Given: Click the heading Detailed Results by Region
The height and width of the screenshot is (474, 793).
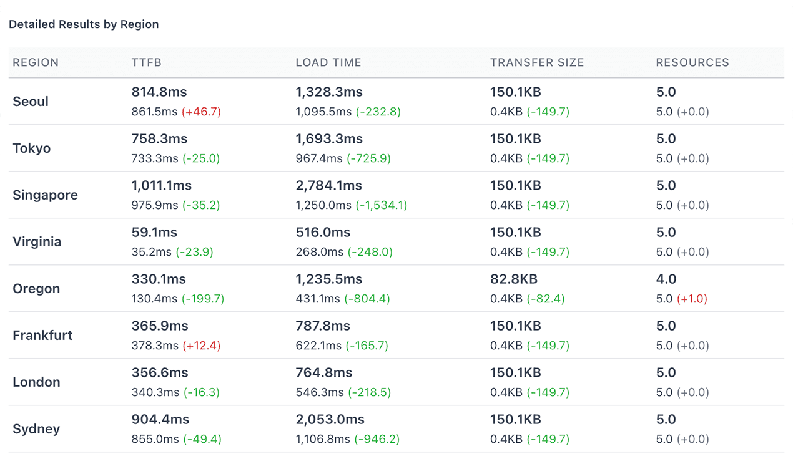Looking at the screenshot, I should pyautogui.click(x=84, y=24).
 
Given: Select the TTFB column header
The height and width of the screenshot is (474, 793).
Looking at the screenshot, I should pyautogui.click(x=147, y=62).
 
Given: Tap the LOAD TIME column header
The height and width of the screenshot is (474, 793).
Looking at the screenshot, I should pyautogui.click(x=328, y=62).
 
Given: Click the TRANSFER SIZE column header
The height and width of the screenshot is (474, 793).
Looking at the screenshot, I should pyautogui.click(x=537, y=62).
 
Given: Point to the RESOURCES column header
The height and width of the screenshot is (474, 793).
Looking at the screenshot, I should pyautogui.click(x=692, y=62).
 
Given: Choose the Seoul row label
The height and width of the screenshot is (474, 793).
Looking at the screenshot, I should pyautogui.click(x=31, y=102).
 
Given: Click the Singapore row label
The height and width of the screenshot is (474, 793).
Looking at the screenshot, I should pyautogui.click(x=45, y=195).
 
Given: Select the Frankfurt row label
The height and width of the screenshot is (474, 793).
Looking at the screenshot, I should pyautogui.click(x=42, y=336).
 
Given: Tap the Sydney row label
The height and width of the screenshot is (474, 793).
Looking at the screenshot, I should pyautogui.click(x=36, y=429).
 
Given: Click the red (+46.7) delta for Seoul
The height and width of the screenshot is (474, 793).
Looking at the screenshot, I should pyautogui.click(x=201, y=112).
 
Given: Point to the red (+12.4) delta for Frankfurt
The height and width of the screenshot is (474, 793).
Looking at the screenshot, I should pyautogui.click(x=201, y=346).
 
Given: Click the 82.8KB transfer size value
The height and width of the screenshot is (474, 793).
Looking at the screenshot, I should pyautogui.click(x=514, y=279).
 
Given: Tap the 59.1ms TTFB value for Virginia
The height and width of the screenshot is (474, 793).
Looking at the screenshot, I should pyautogui.click(x=154, y=233).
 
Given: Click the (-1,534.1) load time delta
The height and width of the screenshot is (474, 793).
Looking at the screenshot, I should pyautogui.click(x=381, y=205).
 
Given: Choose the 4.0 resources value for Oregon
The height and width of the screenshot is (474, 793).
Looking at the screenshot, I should pyautogui.click(x=666, y=279).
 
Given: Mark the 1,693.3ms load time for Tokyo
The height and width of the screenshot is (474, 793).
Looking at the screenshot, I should pyautogui.click(x=329, y=139).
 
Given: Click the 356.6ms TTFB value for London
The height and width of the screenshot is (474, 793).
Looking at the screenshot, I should pyautogui.click(x=159, y=373).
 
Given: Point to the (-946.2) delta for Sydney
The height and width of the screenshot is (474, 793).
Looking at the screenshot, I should pyautogui.click(x=377, y=439).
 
